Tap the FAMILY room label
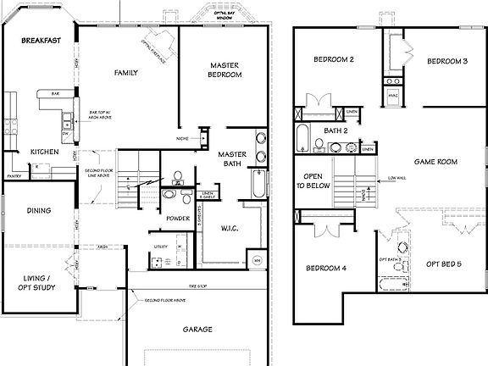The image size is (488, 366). click(126, 74)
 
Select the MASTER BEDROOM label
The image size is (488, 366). click(225, 69)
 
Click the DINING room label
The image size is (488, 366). click(38, 211)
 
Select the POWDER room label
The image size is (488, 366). click(178, 219)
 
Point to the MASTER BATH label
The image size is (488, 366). click(231, 158)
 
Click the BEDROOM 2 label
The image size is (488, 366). click(333, 60)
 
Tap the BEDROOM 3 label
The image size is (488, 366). click(446, 62)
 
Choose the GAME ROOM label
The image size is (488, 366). click(435, 160)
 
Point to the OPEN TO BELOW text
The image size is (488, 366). click(310, 184)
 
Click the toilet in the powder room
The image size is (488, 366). click(177, 178)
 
